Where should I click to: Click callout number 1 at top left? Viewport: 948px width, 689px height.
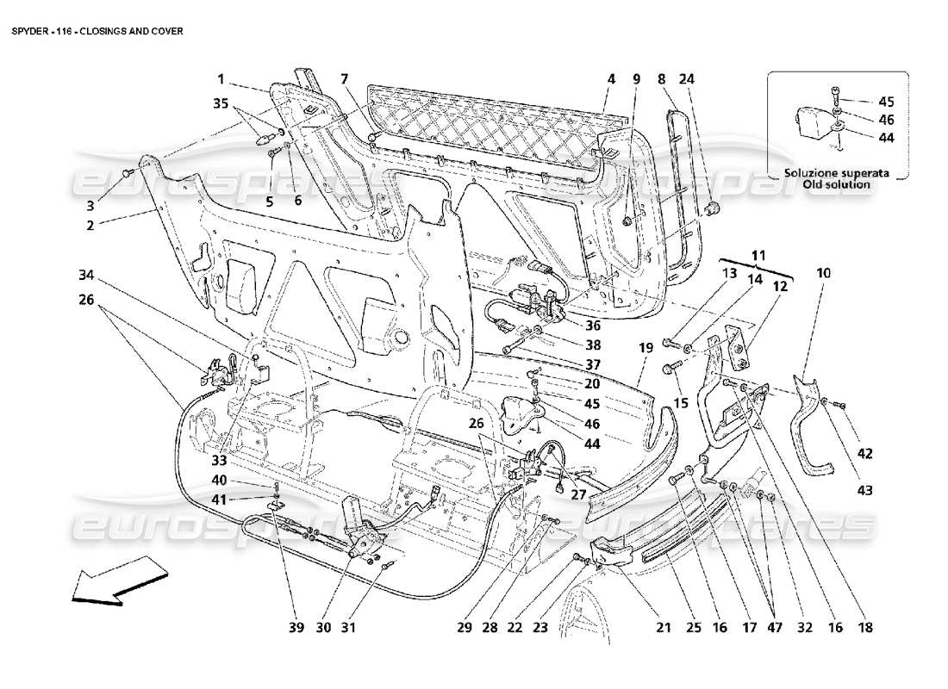coord(221,79)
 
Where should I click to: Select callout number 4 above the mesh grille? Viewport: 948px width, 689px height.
coord(610,79)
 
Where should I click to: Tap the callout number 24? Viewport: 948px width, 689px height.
coord(686,79)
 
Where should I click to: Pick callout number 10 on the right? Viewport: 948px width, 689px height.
coord(824,274)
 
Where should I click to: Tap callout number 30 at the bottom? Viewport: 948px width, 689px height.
coord(323,629)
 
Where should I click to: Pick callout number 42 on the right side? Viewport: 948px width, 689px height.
coord(865,453)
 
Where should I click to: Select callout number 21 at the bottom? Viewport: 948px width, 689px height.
coord(664,629)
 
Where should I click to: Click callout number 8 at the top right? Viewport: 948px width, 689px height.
coord(661,79)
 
